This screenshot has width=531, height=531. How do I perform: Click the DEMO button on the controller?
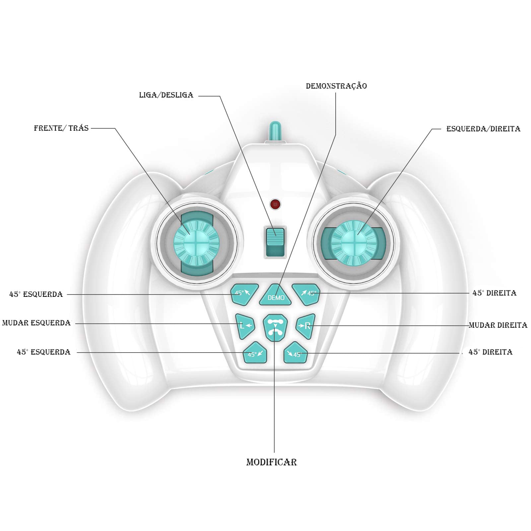pyautogui.click(x=275, y=295)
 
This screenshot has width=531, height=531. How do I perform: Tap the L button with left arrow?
pyautogui.click(x=245, y=326)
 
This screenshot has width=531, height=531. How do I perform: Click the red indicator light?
pyautogui.click(x=275, y=204)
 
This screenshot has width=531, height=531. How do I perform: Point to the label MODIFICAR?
pyautogui.click(x=271, y=462)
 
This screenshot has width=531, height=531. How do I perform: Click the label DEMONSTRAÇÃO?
pyautogui.click(x=336, y=86)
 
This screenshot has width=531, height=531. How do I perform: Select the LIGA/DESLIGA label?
pyautogui.click(x=166, y=95)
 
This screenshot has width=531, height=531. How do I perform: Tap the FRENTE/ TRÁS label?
pyautogui.click(x=61, y=128)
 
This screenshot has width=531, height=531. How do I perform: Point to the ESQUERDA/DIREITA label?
pyautogui.click(x=483, y=129)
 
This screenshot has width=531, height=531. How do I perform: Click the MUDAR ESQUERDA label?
pyautogui.click(x=36, y=323)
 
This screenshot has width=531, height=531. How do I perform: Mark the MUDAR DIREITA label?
pyautogui.click(x=498, y=325)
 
